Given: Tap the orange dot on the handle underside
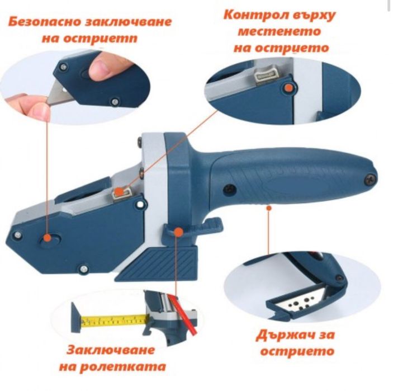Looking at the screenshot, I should click(269, 208).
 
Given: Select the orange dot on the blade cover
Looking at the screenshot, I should click(49, 238).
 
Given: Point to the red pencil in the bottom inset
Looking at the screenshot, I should click(184, 315).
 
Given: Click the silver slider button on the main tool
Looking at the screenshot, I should click(119, 194).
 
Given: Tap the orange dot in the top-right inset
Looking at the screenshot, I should click(288, 86).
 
